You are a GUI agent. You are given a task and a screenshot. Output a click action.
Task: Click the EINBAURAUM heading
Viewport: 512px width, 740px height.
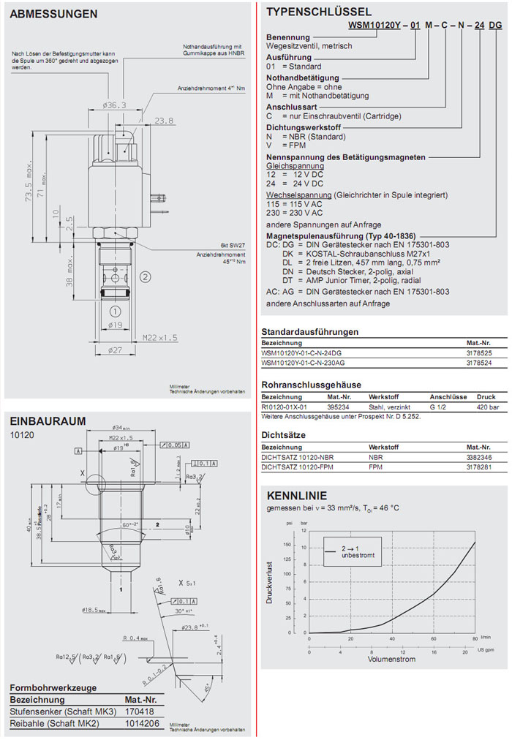point(48,420)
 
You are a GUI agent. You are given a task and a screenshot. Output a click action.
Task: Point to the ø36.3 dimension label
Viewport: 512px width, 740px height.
point(115,105)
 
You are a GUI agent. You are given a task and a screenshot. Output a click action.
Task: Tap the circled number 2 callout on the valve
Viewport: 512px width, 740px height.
point(146,276)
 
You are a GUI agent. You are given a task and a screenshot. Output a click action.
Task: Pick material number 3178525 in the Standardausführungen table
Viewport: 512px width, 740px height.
point(480,352)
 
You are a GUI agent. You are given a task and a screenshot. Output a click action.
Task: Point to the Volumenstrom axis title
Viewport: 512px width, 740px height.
point(392,659)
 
